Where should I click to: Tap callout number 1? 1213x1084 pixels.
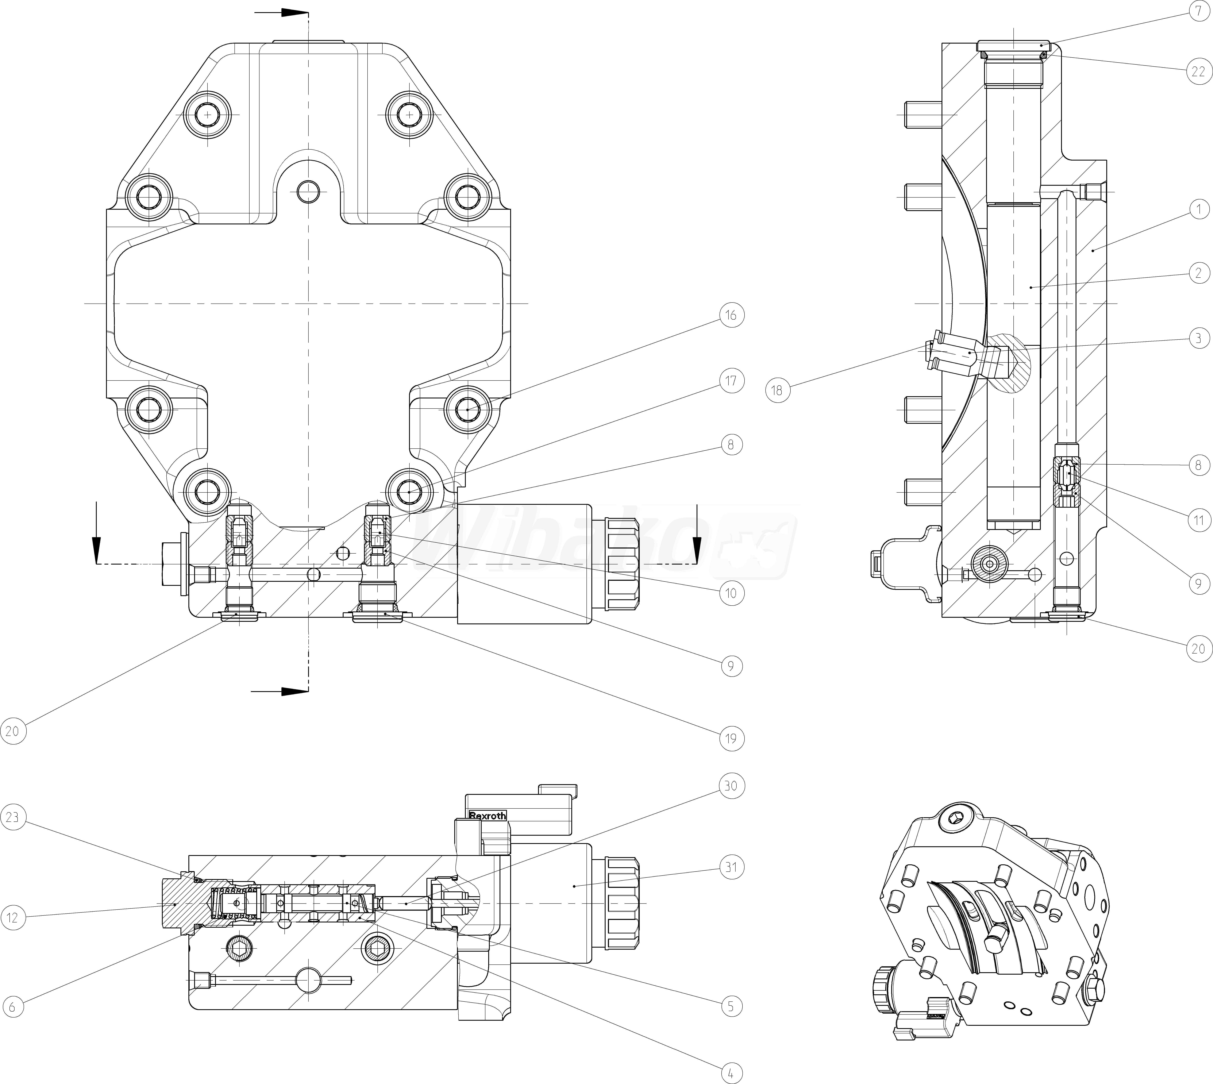[1198, 209]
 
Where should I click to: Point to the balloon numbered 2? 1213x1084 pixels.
[1198, 273]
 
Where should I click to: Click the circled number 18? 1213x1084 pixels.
[777, 391]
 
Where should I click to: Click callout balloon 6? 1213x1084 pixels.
[13, 1007]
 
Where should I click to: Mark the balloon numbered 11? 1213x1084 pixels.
[1198, 520]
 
